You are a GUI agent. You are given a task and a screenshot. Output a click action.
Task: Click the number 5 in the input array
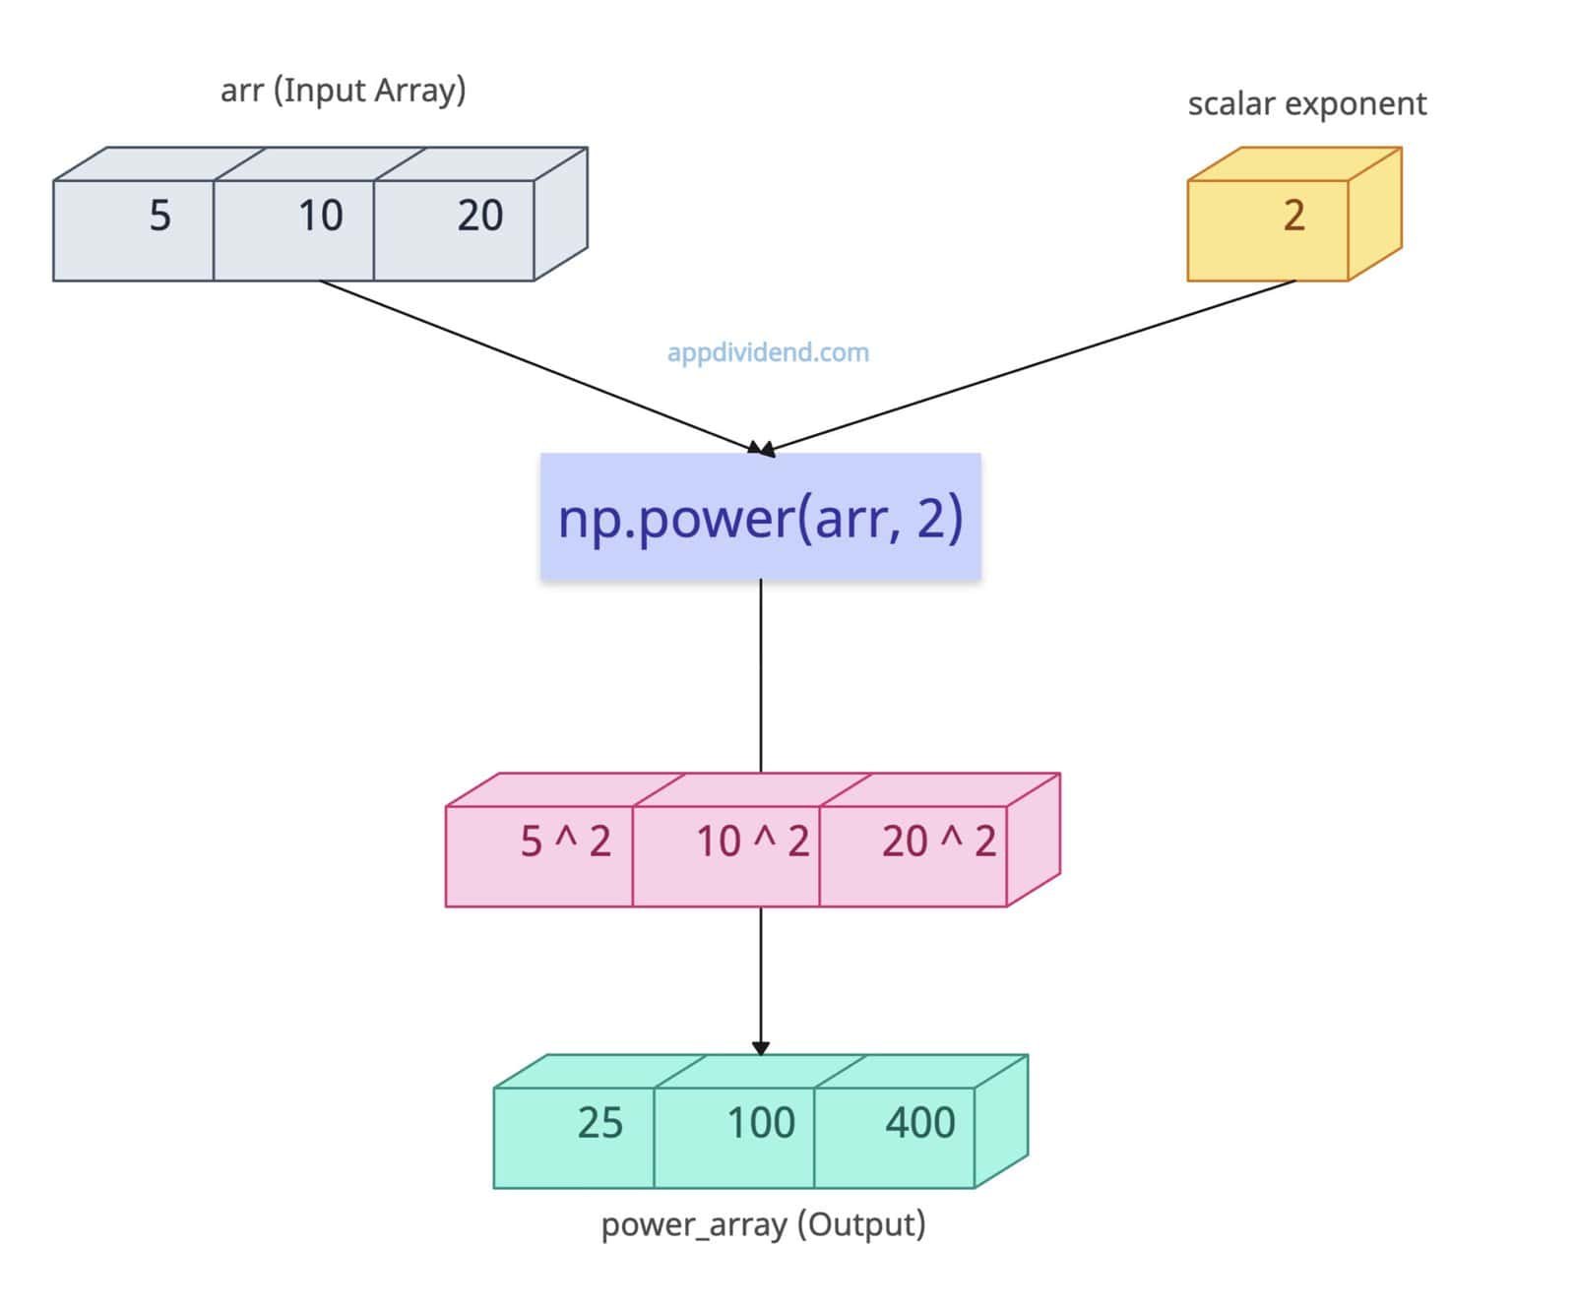[x=159, y=216]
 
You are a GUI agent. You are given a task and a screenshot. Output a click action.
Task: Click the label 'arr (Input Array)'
[x=343, y=91]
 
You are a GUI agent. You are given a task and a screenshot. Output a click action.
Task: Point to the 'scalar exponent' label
[x=1306, y=103]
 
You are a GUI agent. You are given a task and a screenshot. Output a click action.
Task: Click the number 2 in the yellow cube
[x=1293, y=216]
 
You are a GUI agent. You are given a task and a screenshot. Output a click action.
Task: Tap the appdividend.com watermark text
[x=768, y=352]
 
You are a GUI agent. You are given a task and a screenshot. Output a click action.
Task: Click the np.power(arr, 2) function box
[x=760, y=517]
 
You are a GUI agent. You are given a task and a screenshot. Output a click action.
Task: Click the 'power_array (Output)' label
[x=763, y=1225]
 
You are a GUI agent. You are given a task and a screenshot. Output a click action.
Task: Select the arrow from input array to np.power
[x=536, y=366]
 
